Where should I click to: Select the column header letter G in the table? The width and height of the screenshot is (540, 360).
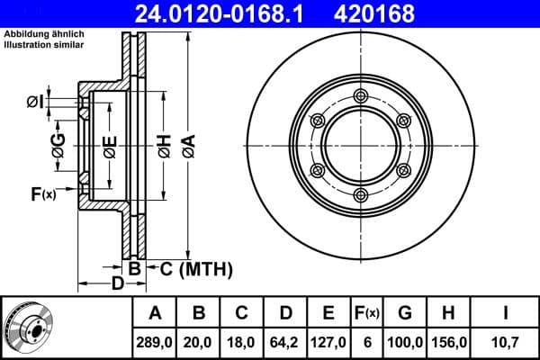pyautogui.click(x=405, y=313)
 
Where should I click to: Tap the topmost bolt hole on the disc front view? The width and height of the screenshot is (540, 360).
pyautogui.click(x=361, y=97)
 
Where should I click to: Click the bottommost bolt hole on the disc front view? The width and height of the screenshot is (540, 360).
pyautogui.click(x=361, y=197)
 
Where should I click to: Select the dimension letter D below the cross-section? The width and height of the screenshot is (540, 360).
pyautogui.click(x=116, y=284)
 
